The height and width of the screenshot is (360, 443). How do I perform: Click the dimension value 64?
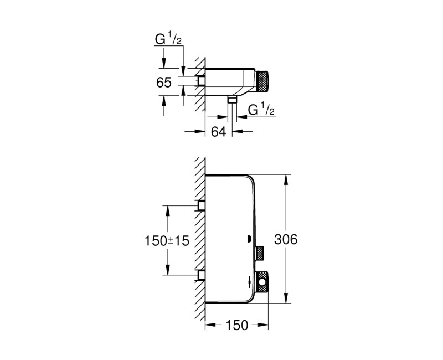tap(219, 131)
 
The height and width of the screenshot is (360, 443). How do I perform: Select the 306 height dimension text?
tap(286, 239)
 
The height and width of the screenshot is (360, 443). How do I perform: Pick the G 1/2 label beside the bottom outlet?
tap(261, 110)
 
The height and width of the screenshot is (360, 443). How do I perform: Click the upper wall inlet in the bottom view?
tap(202, 205)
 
